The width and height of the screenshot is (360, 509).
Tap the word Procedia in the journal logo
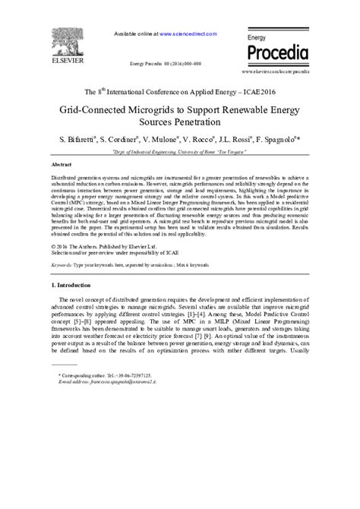(x=277, y=52)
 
